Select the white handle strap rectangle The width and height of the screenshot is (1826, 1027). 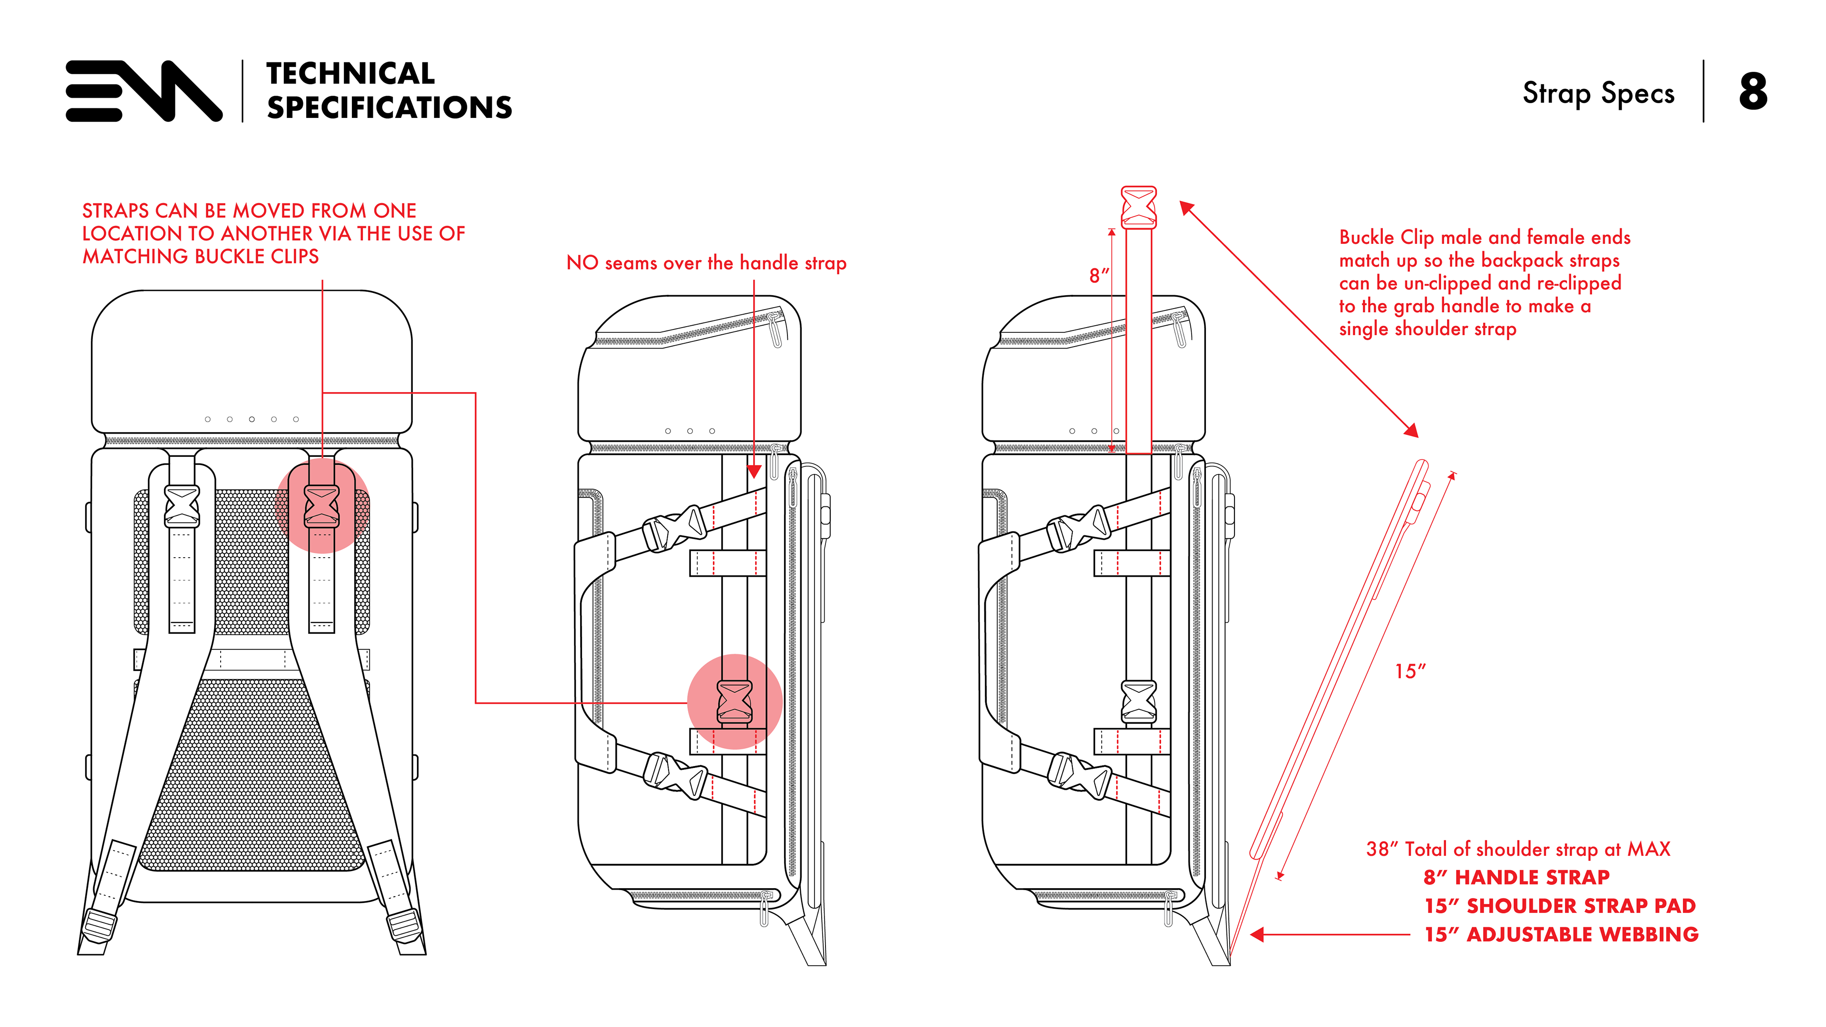1138,340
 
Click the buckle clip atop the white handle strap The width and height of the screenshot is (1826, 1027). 1138,206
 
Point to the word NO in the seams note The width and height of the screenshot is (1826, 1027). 582,263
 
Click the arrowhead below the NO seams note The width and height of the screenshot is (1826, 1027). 754,471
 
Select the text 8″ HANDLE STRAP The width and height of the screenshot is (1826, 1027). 1516,877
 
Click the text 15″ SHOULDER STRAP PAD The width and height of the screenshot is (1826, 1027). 1560,906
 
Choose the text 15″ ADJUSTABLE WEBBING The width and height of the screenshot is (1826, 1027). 1561,935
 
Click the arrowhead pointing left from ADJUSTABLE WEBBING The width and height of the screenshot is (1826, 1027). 1257,935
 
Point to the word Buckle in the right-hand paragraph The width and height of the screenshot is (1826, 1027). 1366,237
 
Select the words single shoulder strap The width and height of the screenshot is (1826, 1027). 1428,329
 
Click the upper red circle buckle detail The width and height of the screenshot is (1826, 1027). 322,506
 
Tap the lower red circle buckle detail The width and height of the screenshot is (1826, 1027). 735,702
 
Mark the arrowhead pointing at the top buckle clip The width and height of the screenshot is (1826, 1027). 1186,208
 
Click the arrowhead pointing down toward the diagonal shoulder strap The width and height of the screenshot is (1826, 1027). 1411,430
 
